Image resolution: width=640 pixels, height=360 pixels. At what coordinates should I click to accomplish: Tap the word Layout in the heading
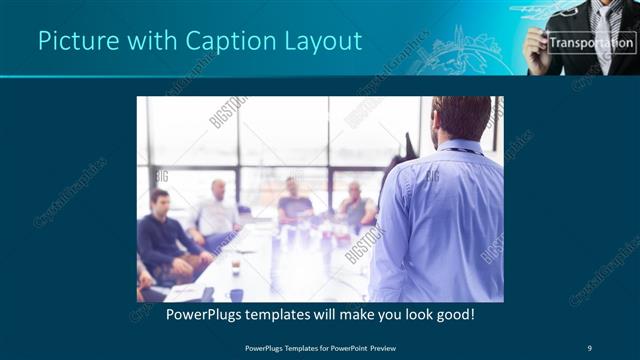pyautogui.click(x=321, y=41)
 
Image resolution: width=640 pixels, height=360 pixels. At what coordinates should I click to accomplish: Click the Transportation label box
pyautogui.click(x=591, y=43)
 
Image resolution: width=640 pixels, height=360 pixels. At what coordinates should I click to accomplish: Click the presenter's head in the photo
pyautogui.click(x=462, y=118)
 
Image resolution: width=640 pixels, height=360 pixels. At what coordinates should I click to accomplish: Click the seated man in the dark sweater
pyautogui.click(x=162, y=235)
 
